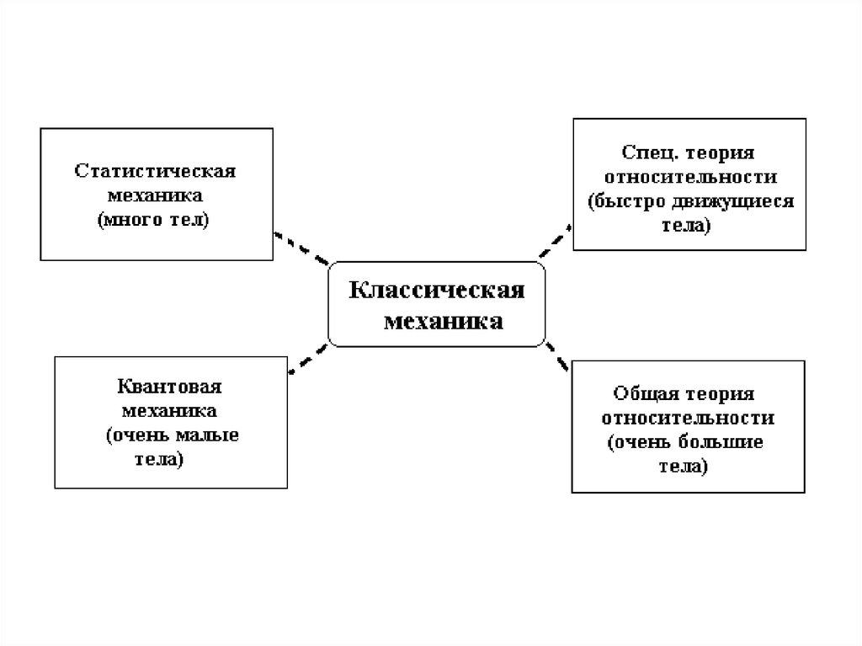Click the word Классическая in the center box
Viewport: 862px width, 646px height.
pyautogui.click(x=437, y=291)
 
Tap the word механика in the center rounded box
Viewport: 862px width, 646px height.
pyautogui.click(x=444, y=321)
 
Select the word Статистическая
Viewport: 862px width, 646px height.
pyautogui.click(x=155, y=171)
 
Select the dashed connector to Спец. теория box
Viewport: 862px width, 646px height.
pyautogui.click(x=553, y=241)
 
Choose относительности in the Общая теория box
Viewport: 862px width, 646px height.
pyautogui.click(x=688, y=418)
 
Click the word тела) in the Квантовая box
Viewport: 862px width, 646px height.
pyautogui.click(x=158, y=460)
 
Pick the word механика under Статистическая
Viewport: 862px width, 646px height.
pyautogui.click(x=156, y=196)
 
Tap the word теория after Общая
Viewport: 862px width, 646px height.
pyautogui.click(x=721, y=393)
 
